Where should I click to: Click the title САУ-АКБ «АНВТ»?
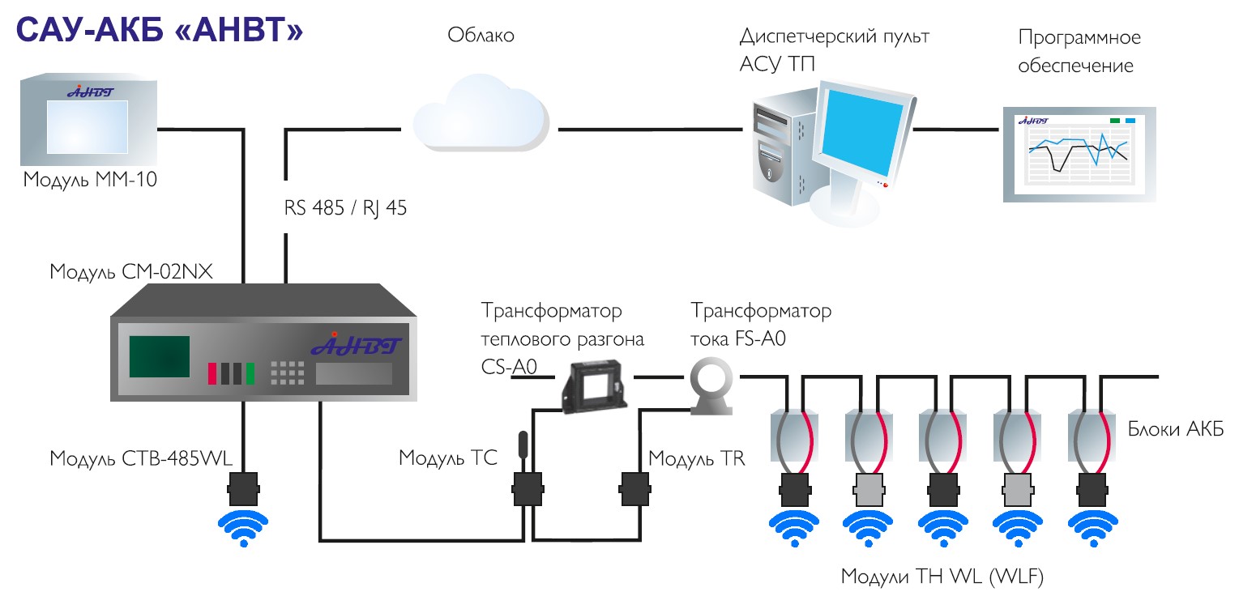(x=160, y=30)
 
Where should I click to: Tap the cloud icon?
(x=481, y=113)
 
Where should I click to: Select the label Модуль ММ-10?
(x=90, y=181)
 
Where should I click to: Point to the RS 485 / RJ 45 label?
(x=345, y=208)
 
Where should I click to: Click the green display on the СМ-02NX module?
(x=160, y=356)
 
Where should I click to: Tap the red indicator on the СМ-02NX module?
(x=211, y=374)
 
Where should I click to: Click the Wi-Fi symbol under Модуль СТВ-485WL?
(x=243, y=529)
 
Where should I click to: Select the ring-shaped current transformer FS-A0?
(x=711, y=386)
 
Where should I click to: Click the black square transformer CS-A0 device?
(x=593, y=386)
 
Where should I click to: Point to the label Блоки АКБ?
(x=1176, y=429)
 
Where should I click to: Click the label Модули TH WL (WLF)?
(x=942, y=577)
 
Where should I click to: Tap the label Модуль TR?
(x=696, y=458)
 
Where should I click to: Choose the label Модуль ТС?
(x=448, y=458)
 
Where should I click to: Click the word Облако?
(x=481, y=36)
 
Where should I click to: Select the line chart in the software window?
(x=1079, y=152)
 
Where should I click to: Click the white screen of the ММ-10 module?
(x=87, y=126)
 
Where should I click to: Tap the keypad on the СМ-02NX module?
(x=287, y=372)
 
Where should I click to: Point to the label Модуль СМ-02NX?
(x=131, y=272)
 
